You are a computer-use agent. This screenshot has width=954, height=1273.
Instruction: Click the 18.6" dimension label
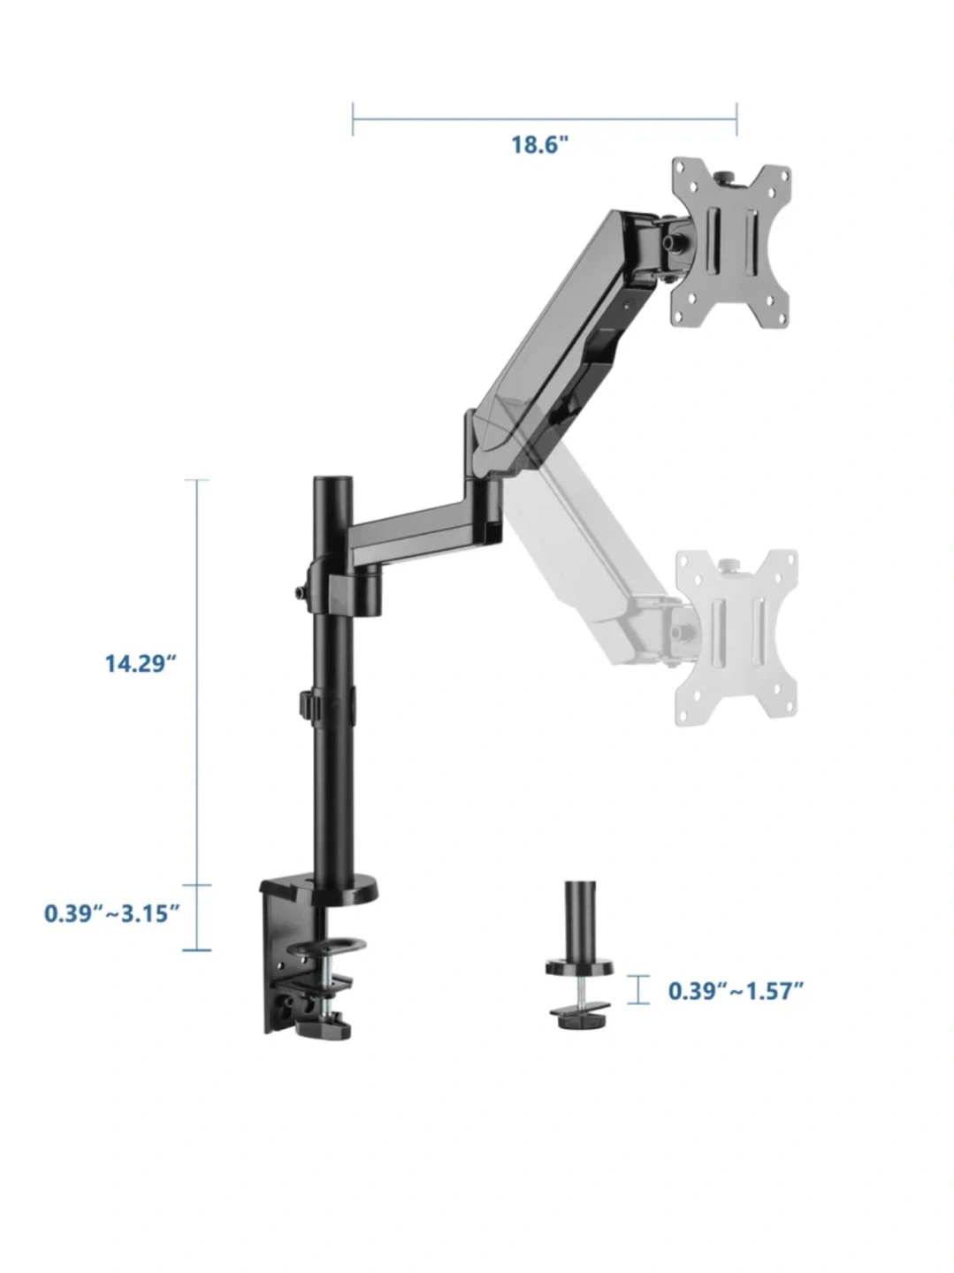pos(538,144)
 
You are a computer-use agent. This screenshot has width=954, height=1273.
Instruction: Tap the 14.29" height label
pos(140,663)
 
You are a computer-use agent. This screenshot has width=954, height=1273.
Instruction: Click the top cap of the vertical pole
pos(333,484)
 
